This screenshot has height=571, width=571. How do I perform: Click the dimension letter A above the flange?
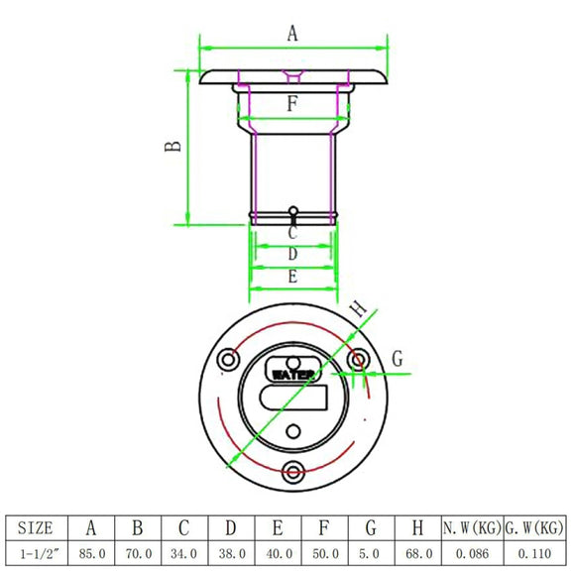tap(292, 34)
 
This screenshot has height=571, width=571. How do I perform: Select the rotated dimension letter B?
tap(172, 146)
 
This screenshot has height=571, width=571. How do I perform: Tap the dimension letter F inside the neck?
tap(292, 103)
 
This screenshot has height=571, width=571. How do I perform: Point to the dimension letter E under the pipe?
tap(292, 277)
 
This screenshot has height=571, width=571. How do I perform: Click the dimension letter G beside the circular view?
tap(398, 358)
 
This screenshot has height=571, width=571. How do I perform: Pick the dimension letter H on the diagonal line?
tap(358, 309)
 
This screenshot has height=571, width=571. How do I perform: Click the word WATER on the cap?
tap(293, 375)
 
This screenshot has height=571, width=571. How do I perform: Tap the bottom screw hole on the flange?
tap(293, 472)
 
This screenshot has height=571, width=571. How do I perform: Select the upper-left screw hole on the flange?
tap(228, 360)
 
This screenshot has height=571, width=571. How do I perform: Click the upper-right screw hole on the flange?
tap(358, 360)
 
